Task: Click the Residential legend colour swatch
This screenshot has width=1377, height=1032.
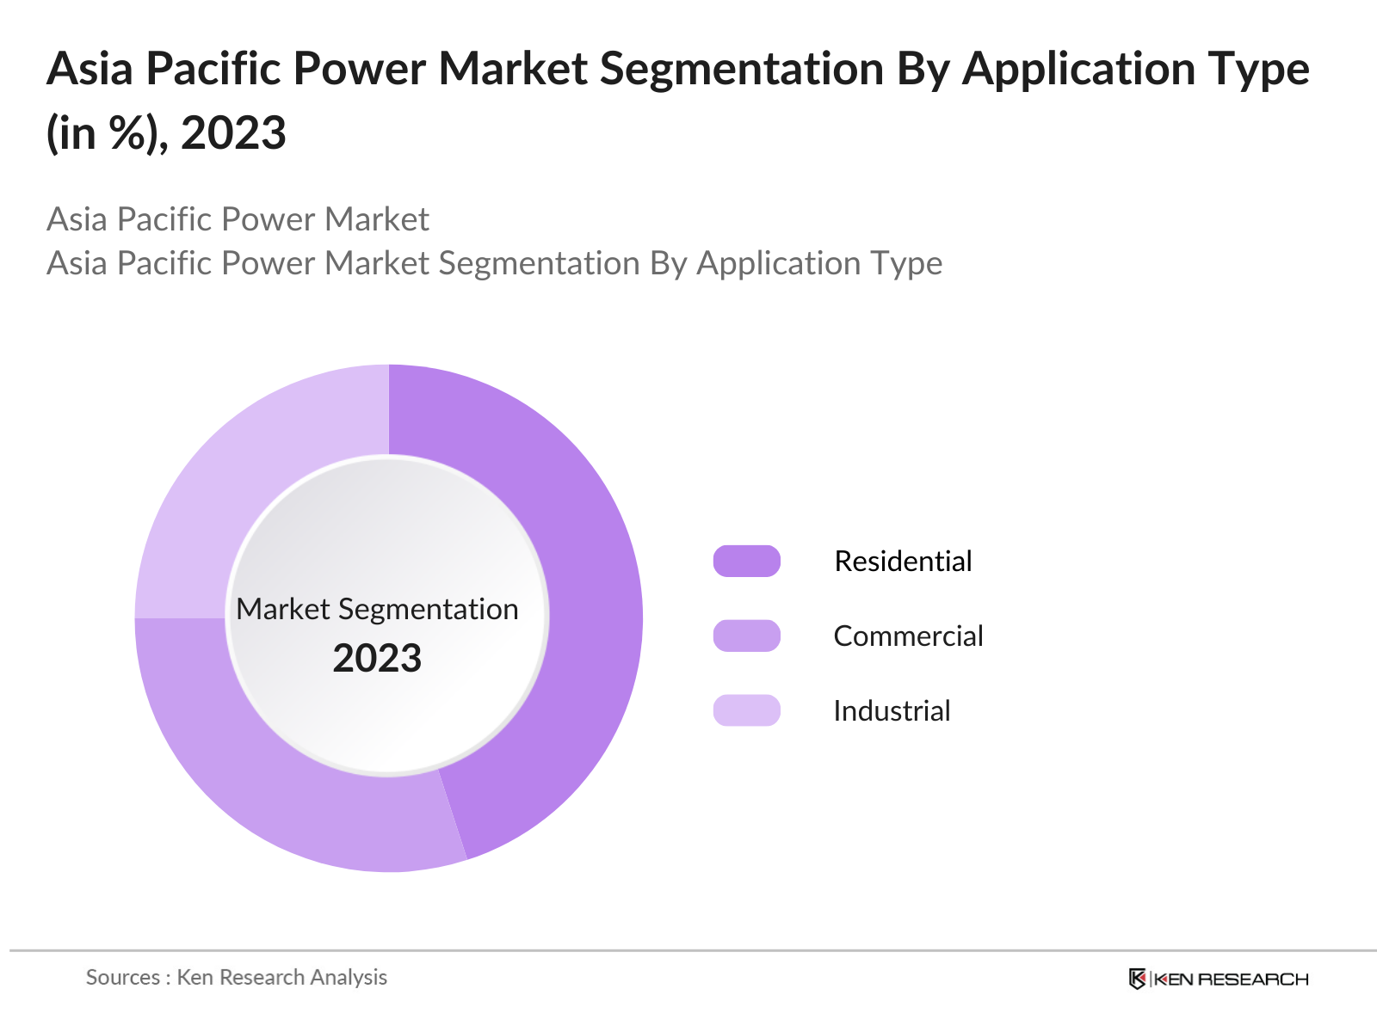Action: tap(746, 561)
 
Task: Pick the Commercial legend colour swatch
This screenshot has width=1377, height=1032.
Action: tap(746, 636)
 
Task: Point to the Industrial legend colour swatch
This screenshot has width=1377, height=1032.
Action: tap(746, 710)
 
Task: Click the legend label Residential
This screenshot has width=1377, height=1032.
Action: tap(903, 561)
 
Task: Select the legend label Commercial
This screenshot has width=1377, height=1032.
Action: tap(908, 636)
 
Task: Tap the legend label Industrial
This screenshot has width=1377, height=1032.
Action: tap(892, 710)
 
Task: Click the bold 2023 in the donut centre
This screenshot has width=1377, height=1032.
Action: tap(377, 658)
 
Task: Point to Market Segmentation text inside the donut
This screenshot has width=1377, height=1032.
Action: tap(377, 609)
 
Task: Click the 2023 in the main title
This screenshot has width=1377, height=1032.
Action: tap(233, 133)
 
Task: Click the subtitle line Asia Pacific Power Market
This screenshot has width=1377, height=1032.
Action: tap(238, 219)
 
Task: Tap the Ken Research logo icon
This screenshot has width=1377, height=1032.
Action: tap(1137, 979)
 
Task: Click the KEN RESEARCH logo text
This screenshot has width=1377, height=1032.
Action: tap(1231, 979)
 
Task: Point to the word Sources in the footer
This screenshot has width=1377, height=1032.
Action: tap(122, 977)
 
